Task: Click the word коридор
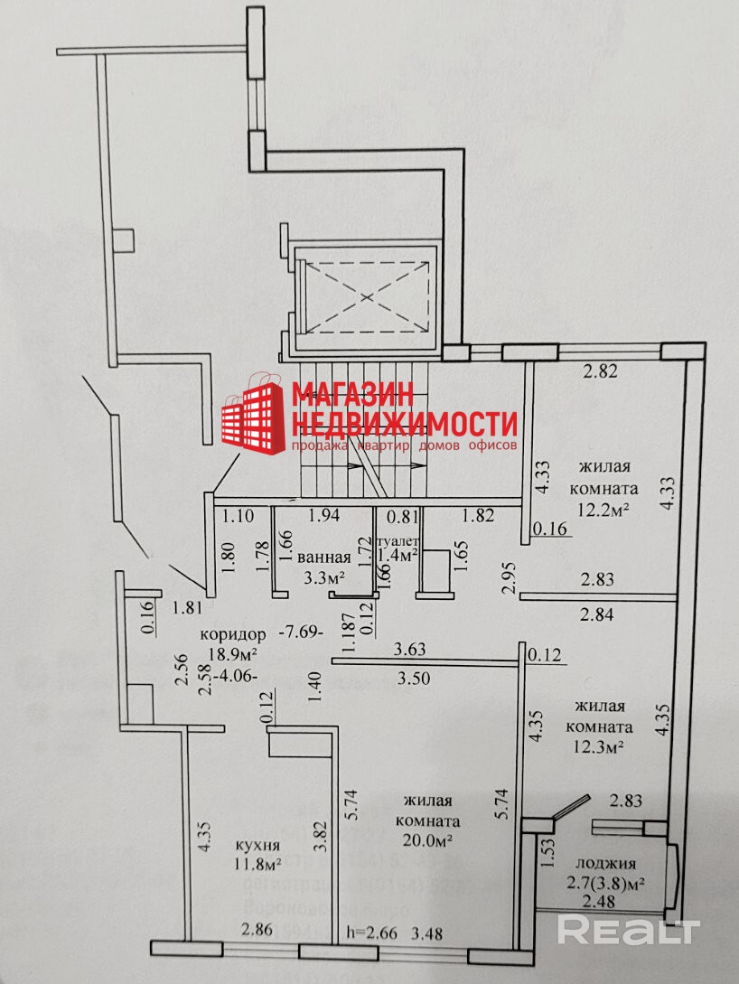pos(234,633)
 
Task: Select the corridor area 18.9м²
pos(234,652)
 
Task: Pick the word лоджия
pos(612,863)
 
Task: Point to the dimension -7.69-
pos(301,633)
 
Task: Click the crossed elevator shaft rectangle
pos(365,296)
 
